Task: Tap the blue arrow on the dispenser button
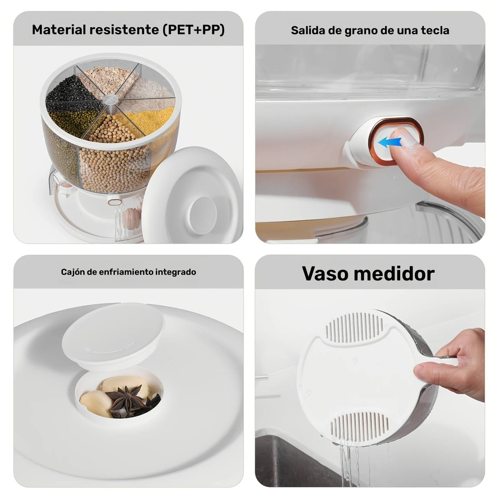click(390, 143)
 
